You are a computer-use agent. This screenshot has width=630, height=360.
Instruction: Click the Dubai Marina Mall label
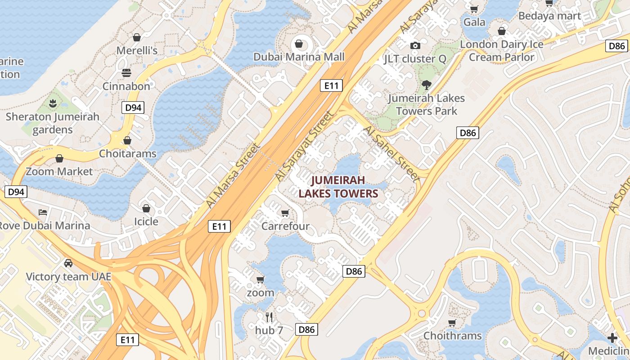tap(299, 57)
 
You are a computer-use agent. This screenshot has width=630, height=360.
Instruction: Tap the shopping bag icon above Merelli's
tap(137, 37)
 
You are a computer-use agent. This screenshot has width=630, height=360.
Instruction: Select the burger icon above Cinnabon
tap(126, 73)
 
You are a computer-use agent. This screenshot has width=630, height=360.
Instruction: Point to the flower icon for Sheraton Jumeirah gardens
tap(53, 103)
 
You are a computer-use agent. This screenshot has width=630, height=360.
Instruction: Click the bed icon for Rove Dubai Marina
tap(43, 212)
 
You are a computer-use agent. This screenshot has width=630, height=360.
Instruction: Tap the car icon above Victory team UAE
tap(68, 263)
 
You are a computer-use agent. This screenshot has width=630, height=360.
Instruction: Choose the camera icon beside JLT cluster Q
tap(415, 45)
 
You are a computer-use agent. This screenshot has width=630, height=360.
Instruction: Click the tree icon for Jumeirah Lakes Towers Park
tap(426, 85)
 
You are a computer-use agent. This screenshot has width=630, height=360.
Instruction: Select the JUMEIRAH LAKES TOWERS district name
tap(338, 187)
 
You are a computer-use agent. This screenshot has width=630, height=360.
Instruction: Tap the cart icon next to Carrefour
tap(285, 212)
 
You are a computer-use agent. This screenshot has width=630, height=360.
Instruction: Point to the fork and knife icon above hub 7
tap(269, 317)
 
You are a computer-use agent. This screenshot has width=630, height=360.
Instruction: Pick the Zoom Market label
tap(59, 171)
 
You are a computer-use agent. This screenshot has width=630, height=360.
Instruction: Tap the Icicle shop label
tap(146, 221)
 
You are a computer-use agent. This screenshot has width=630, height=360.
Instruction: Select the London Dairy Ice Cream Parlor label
tap(501, 51)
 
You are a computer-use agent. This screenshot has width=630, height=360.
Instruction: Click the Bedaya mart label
tap(549, 16)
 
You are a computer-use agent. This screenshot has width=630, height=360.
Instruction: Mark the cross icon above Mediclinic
tap(612, 337)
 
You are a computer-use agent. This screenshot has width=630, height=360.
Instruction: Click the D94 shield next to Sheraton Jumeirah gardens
tap(133, 107)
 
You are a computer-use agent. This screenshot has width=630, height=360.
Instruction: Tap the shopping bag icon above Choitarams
tap(127, 140)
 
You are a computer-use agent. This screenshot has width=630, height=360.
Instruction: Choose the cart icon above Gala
tap(474, 9)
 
